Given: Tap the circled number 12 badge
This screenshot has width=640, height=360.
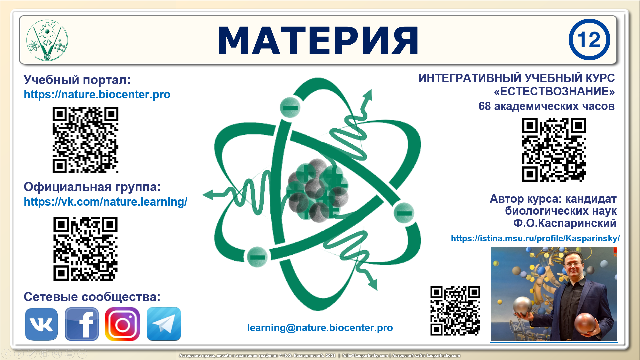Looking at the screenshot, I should pos(589,40).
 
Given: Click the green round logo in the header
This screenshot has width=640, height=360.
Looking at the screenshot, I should pos(47,40).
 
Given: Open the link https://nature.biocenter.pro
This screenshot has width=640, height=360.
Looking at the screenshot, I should pos(97,95).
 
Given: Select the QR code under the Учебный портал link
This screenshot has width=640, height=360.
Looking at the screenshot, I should pos(85,140).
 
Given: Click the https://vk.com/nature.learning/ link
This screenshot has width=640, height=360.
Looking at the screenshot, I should pos(105,202).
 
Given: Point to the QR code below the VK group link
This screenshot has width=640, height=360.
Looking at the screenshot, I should pos(85,249).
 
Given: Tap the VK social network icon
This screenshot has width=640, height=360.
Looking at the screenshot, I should pos(41,324).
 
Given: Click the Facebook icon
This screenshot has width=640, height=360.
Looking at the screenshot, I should pos(82,324).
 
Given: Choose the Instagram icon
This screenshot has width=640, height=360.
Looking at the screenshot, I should pos(122,324).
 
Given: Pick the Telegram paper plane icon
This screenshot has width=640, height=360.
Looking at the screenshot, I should pos(164,324).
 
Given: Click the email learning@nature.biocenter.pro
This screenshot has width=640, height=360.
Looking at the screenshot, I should pos(320,328).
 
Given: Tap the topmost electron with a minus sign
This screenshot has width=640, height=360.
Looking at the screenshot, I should pos(290,107).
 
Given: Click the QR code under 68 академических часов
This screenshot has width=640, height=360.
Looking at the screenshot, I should pos(554,150).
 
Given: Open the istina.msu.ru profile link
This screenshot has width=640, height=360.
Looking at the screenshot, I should pos(535,238).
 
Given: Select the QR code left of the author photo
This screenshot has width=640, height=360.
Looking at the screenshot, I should pos(455,311).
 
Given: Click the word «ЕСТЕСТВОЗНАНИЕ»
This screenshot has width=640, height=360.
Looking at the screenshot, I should pos(554,91).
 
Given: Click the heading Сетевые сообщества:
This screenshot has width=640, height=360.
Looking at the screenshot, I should pos(92,297).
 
